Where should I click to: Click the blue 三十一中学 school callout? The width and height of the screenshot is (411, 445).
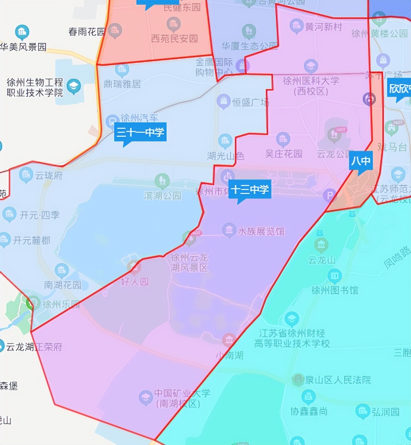point(140,133)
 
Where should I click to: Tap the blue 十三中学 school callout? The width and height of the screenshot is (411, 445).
point(250,190)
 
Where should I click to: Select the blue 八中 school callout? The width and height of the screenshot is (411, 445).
point(361,161)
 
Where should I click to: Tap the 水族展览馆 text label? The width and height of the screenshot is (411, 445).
point(261,231)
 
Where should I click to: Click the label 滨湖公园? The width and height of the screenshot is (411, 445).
point(162,195)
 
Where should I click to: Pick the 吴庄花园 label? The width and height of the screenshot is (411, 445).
point(284,153)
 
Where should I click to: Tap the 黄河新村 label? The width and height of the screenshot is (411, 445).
point(323,27)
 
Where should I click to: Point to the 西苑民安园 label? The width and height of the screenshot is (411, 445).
point(174,39)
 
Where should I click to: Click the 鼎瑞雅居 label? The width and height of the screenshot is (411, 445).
point(122,84)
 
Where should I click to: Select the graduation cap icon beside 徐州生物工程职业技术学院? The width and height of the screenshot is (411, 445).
point(74,87)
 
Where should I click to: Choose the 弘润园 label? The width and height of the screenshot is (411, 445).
point(385,412)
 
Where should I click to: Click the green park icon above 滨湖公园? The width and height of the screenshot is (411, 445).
point(162,181)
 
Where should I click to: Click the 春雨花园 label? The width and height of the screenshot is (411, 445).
point(87,32)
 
